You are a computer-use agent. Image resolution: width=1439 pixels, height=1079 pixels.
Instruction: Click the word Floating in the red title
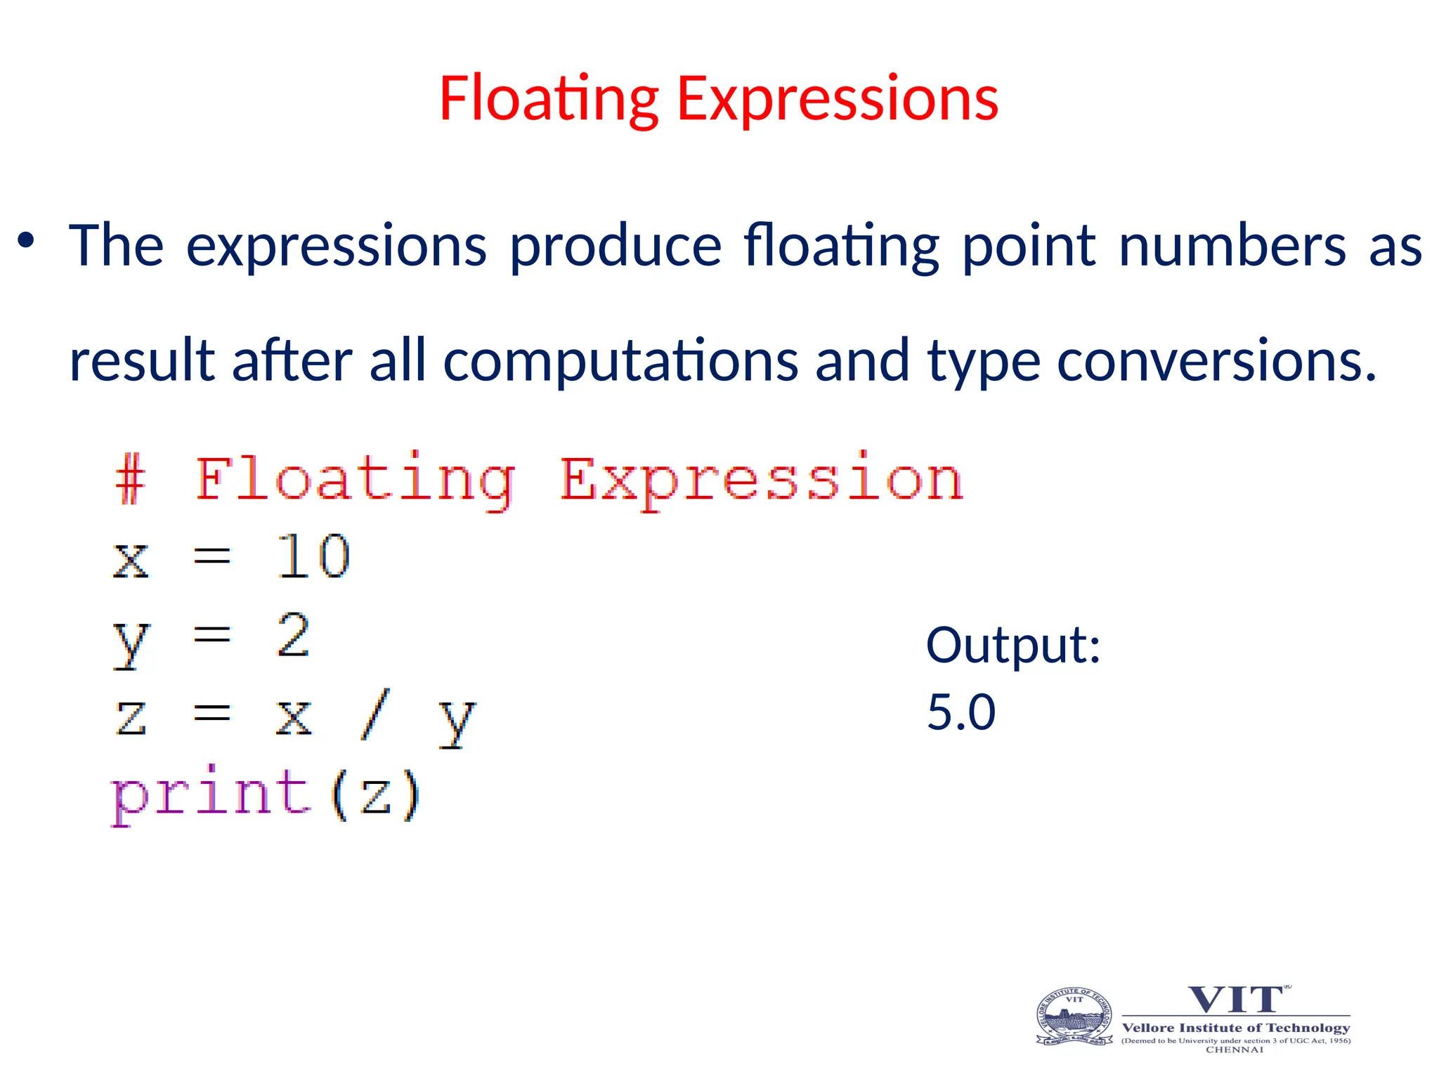click(x=549, y=99)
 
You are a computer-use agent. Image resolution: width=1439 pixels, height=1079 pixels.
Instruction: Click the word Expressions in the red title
click(x=837, y=99)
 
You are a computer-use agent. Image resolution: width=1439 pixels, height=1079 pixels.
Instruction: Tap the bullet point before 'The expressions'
click(x=27, y=241)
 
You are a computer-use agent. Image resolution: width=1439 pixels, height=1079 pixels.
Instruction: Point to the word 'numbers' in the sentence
click(x=1232, y=246)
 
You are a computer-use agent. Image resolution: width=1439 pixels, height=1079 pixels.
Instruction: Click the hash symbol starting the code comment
click(x=131, y=479)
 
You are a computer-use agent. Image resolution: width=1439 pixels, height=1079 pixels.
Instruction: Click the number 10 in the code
click(x=313, y=556)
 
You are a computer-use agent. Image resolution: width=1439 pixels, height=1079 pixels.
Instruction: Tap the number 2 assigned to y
click(x=293, y=635)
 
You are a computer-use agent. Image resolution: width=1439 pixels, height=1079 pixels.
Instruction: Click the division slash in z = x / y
click(x=375, y=715)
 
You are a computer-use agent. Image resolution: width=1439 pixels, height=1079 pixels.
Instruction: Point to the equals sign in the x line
click(x=211, y=557)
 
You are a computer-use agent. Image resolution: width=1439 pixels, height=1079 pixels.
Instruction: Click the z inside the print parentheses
click(x=375, y=796)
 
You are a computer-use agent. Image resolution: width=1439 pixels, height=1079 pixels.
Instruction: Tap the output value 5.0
click(x=961, y=712)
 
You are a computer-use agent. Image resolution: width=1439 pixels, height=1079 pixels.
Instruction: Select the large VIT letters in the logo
click(x=1235, y=1000)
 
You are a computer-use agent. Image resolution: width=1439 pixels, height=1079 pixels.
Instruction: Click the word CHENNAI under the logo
click(x=1235, y=1049)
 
